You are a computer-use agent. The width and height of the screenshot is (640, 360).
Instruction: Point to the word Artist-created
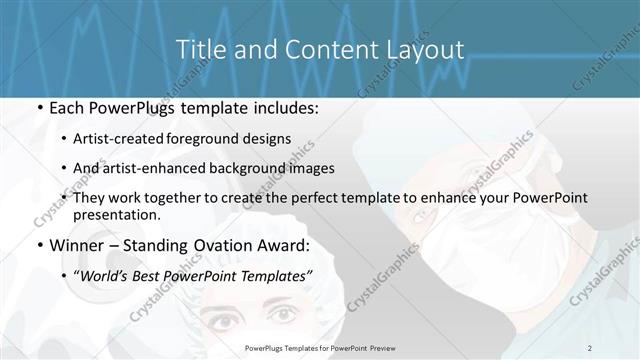[129, 139]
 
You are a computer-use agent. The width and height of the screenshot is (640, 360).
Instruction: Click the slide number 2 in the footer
[590, 347]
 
